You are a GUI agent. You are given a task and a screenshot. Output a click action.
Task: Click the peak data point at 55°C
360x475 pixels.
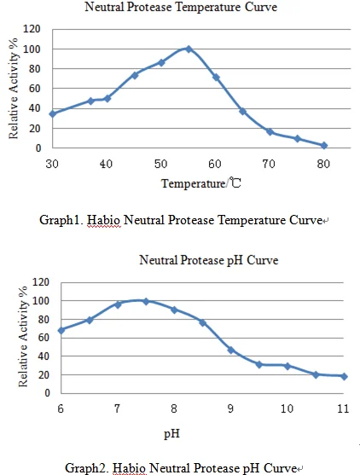pyautogui.click(x=189, y=49)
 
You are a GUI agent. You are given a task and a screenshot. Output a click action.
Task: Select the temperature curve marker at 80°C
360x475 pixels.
pyautogui.click(x=324, y=146)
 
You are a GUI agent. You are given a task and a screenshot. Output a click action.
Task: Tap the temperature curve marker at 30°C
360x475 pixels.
pyautogui.click(x=53, y=114)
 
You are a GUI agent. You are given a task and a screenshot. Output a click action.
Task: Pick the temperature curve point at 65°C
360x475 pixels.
pyautogui.click(x=242, y=112)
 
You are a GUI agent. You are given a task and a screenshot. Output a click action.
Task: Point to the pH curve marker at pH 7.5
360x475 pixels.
pyautogui.click(x=146, y=301)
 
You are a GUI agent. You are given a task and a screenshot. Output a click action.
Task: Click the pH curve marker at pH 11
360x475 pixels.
pyautogui.click(x=344, y=377)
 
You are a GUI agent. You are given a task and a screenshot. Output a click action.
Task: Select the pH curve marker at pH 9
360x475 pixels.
pyautogui.click(x=231, y=350)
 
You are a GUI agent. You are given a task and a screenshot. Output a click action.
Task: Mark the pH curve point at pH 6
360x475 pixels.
pyautogui.click(x=61, y=330)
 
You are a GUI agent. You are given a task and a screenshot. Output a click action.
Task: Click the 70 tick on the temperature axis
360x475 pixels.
pyautogui.click(x=269, y=165)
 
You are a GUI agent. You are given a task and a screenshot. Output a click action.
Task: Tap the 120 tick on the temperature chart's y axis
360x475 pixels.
pyautogui.click(x=32, y=29)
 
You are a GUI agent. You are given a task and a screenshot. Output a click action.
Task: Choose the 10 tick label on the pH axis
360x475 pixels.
pyautogui.click(x=287, y=409)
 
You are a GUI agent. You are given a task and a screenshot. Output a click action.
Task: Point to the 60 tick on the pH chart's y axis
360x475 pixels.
pyautogui.click(x=44, y=338)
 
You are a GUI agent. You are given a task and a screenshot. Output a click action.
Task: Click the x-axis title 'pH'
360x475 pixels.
pyautogui.click(x=171, y=434)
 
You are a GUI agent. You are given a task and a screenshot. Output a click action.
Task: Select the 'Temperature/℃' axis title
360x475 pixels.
pyautogui.click(x=201, y=183)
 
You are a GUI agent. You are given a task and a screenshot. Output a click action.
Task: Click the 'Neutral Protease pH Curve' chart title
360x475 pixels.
pyautogui.click(x=208, y=260)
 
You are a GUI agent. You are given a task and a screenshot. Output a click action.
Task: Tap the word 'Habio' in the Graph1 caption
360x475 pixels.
pyautogui.click(x=103, y=220)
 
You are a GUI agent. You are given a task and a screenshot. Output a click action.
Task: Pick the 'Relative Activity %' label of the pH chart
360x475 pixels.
pyautogui.click(x=23, y=337)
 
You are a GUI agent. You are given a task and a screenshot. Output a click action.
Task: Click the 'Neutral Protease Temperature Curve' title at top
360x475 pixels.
pyautogui.click(x=181, y=7)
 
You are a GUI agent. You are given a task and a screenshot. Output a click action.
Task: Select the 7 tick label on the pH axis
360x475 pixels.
pyautogui.click(x=117, y=409)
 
